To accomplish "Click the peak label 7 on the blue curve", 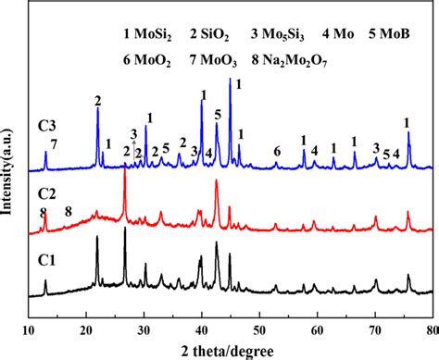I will click(54, 143).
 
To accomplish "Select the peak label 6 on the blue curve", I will click(276, 151).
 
